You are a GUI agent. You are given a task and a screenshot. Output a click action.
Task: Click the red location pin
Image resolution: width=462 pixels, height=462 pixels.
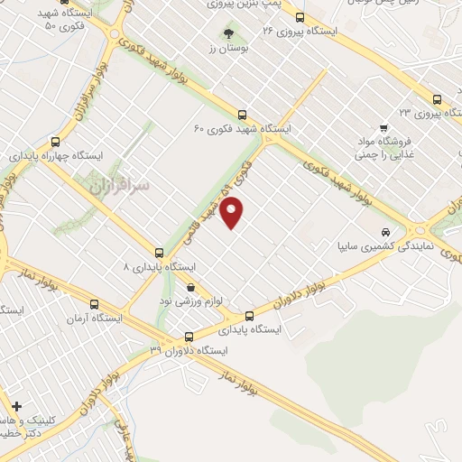(x=233, y=213)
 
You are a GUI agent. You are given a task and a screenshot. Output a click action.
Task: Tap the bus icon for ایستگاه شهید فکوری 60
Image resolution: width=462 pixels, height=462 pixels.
(x=242, y=115)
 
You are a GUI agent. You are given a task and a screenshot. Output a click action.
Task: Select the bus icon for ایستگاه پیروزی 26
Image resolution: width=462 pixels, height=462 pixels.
(x=300, y=16)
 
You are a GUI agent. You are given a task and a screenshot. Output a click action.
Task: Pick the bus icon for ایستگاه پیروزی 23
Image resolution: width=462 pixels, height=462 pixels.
(x=437, y=99)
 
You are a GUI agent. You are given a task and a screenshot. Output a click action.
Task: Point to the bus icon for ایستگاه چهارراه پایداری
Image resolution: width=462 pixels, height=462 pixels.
(x=56, y=142)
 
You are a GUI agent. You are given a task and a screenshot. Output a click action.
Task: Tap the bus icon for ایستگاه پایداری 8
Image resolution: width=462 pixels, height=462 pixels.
(x=159, y=253)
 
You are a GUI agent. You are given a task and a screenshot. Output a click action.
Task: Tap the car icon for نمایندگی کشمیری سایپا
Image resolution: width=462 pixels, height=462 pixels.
(x=386, y=230)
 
